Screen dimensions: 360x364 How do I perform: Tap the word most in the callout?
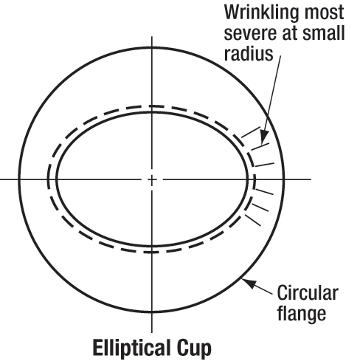[324, 13]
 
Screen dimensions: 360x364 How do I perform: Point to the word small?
[323, 32]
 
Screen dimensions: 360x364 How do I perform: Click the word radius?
[249, 53]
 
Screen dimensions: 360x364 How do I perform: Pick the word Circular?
[308, 292]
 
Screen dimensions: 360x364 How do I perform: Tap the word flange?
[302, 313]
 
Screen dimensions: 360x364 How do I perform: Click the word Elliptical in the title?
[131, 348]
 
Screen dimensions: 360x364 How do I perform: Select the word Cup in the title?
[194, 348]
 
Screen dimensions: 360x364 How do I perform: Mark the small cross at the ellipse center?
[152, 179]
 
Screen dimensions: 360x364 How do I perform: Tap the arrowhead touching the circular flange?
[249, 283]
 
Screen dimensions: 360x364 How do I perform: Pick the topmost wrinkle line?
[251, 132]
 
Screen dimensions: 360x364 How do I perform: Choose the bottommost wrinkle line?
[253, 220]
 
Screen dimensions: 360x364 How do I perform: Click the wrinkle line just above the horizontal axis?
[265, 165]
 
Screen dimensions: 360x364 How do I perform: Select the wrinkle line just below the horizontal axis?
[264, 191]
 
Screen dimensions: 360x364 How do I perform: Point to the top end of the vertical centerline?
[152, 37]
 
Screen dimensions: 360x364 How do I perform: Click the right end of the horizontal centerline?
[311, 179]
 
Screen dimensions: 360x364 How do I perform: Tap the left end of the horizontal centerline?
[1, 179]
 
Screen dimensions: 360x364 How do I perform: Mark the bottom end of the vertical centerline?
[152, 333]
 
